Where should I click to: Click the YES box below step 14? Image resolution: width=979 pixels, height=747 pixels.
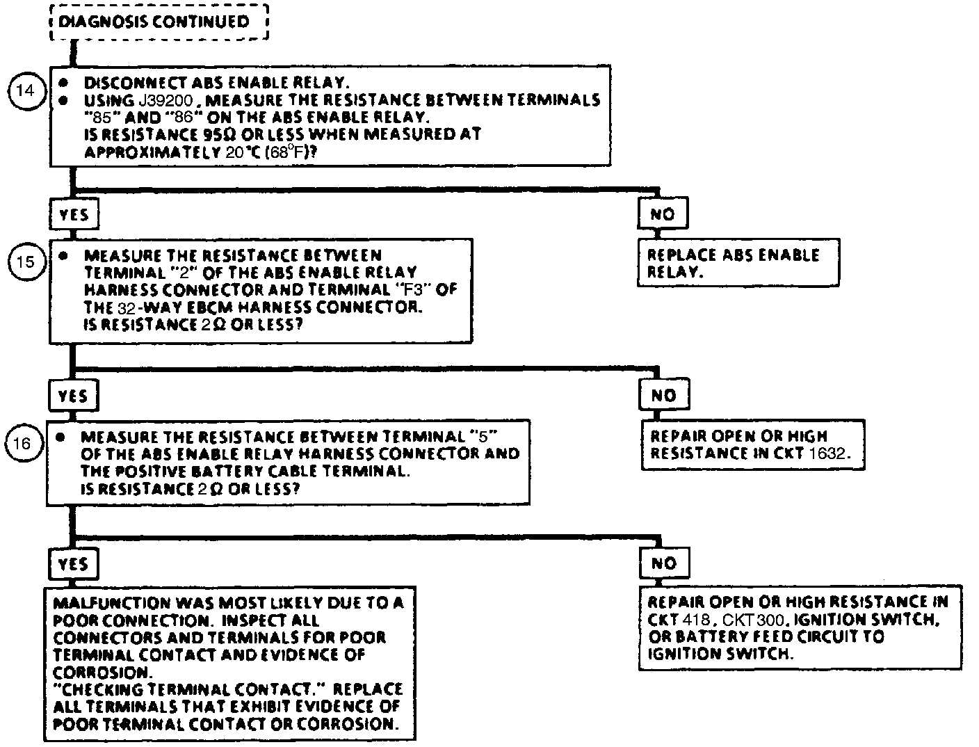(x=73, y=214)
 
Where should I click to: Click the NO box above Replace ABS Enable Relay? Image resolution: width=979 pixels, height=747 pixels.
(x=662, y=214)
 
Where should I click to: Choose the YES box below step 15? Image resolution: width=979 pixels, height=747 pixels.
(x=73, y=396)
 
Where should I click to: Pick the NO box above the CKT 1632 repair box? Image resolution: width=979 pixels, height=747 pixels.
(x=663, y=396)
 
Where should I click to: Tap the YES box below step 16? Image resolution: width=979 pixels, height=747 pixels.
(x=73, y=563)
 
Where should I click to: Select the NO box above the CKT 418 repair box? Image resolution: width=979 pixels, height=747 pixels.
(x=663, y=563)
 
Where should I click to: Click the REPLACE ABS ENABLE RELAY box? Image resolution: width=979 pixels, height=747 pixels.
(x=738, y=263)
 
